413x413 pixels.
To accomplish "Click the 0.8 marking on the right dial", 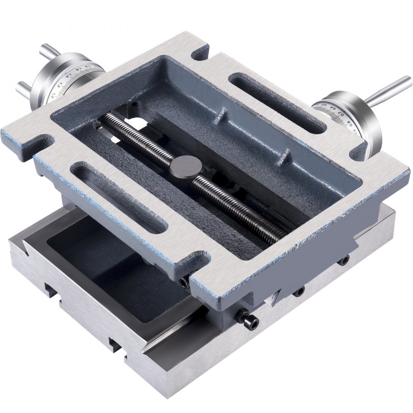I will point(349,122).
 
